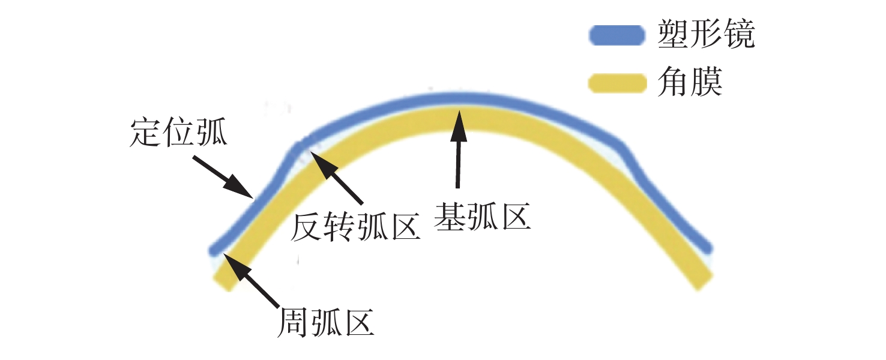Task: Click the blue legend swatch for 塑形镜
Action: (617, 35)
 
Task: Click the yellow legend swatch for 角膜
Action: (617, 83)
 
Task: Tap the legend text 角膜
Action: (690, 82)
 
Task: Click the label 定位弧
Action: (178, 133)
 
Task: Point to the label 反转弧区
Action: (355, 227)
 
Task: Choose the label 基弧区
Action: (482, 217)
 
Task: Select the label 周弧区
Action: (325, 323)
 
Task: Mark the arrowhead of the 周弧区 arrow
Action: (224, 255)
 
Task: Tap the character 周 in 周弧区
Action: (293, 323)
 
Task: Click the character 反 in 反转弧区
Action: (306, 227)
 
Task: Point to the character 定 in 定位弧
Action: (145, 133)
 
